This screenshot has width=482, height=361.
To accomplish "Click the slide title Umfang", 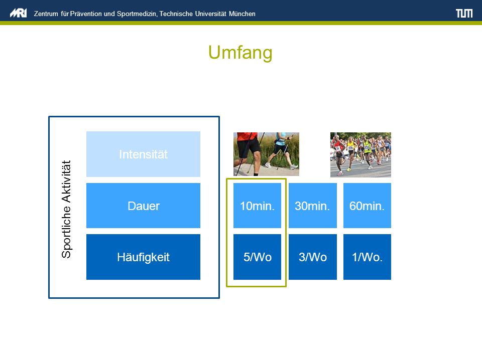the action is pos(240,53).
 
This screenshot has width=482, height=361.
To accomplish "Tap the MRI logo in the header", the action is pos(19,13).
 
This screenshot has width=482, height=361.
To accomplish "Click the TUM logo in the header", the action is pos(464,13).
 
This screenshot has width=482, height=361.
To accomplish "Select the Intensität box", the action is pos(143,154).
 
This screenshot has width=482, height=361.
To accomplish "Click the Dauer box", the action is pos(143,206).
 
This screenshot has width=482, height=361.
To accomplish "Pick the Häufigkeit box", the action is pos(143,257).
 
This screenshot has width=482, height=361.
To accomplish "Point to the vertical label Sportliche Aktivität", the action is pos(66,209).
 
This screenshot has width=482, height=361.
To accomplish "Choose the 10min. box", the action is pos(257,206).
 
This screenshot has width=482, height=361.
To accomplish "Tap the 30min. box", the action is pos(313,206).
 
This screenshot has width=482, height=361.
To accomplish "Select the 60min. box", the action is pos(367,206).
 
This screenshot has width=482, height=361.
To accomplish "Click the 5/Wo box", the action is pos(257,257).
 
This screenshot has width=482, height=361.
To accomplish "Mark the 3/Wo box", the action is pos(313,257).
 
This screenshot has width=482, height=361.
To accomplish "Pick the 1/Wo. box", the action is pos(367,257).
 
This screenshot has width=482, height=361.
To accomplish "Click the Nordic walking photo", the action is pos(266,154).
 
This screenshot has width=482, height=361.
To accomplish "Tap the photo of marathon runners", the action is pos(360,155).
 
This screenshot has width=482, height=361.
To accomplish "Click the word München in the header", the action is pos(242,14).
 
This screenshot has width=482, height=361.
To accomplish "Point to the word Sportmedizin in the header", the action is pos(137,14).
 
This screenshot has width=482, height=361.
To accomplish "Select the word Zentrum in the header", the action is pos(46,14).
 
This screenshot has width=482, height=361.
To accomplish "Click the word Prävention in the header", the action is pos(86,14).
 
